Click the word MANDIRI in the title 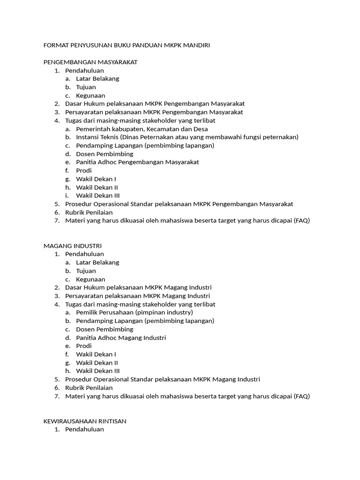[x=197, y=45]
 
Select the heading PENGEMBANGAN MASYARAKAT [x=90, y=62]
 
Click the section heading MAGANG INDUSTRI [x=72, y=246]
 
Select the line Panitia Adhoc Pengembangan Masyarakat [x=137, y=162]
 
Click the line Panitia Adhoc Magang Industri [x=121, y=337]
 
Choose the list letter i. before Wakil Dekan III [x=67, y=195]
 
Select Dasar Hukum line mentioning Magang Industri [x=138, y=287]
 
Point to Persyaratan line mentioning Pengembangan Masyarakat [x=154, y=112]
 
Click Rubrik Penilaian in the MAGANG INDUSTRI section [x=89, y=388]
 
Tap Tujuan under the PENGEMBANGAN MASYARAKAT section [x=86, y=87]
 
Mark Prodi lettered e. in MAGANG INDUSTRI [x=84, y=346]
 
